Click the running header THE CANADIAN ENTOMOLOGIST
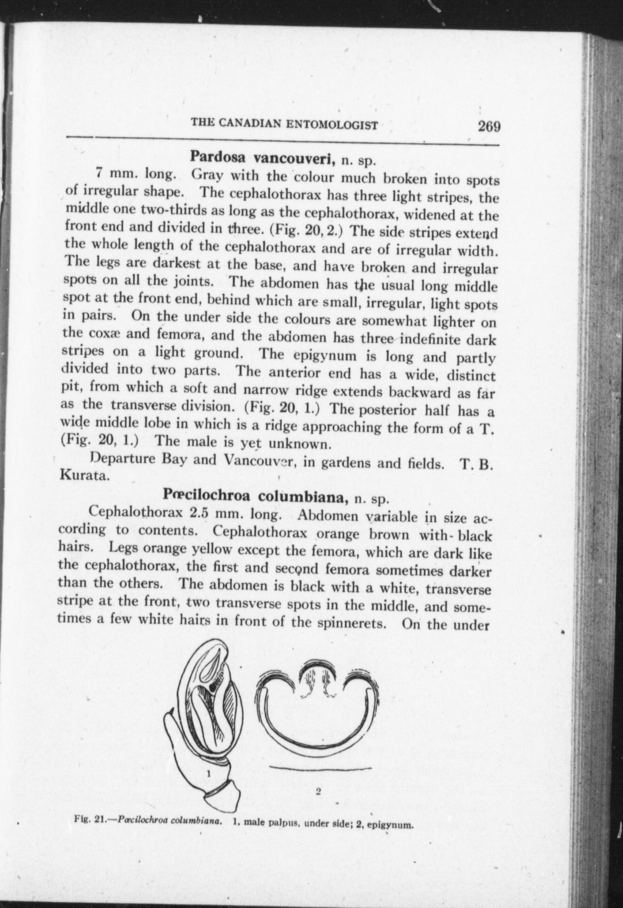[x=284, y=125]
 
